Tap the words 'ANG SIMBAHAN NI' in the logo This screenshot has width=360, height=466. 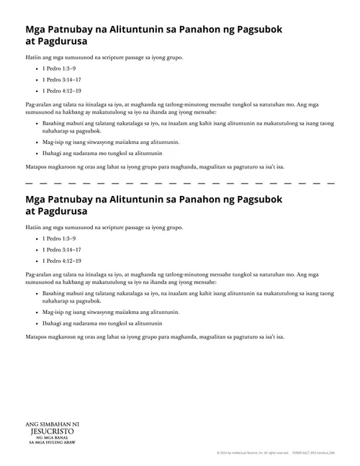tap(50, 424)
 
